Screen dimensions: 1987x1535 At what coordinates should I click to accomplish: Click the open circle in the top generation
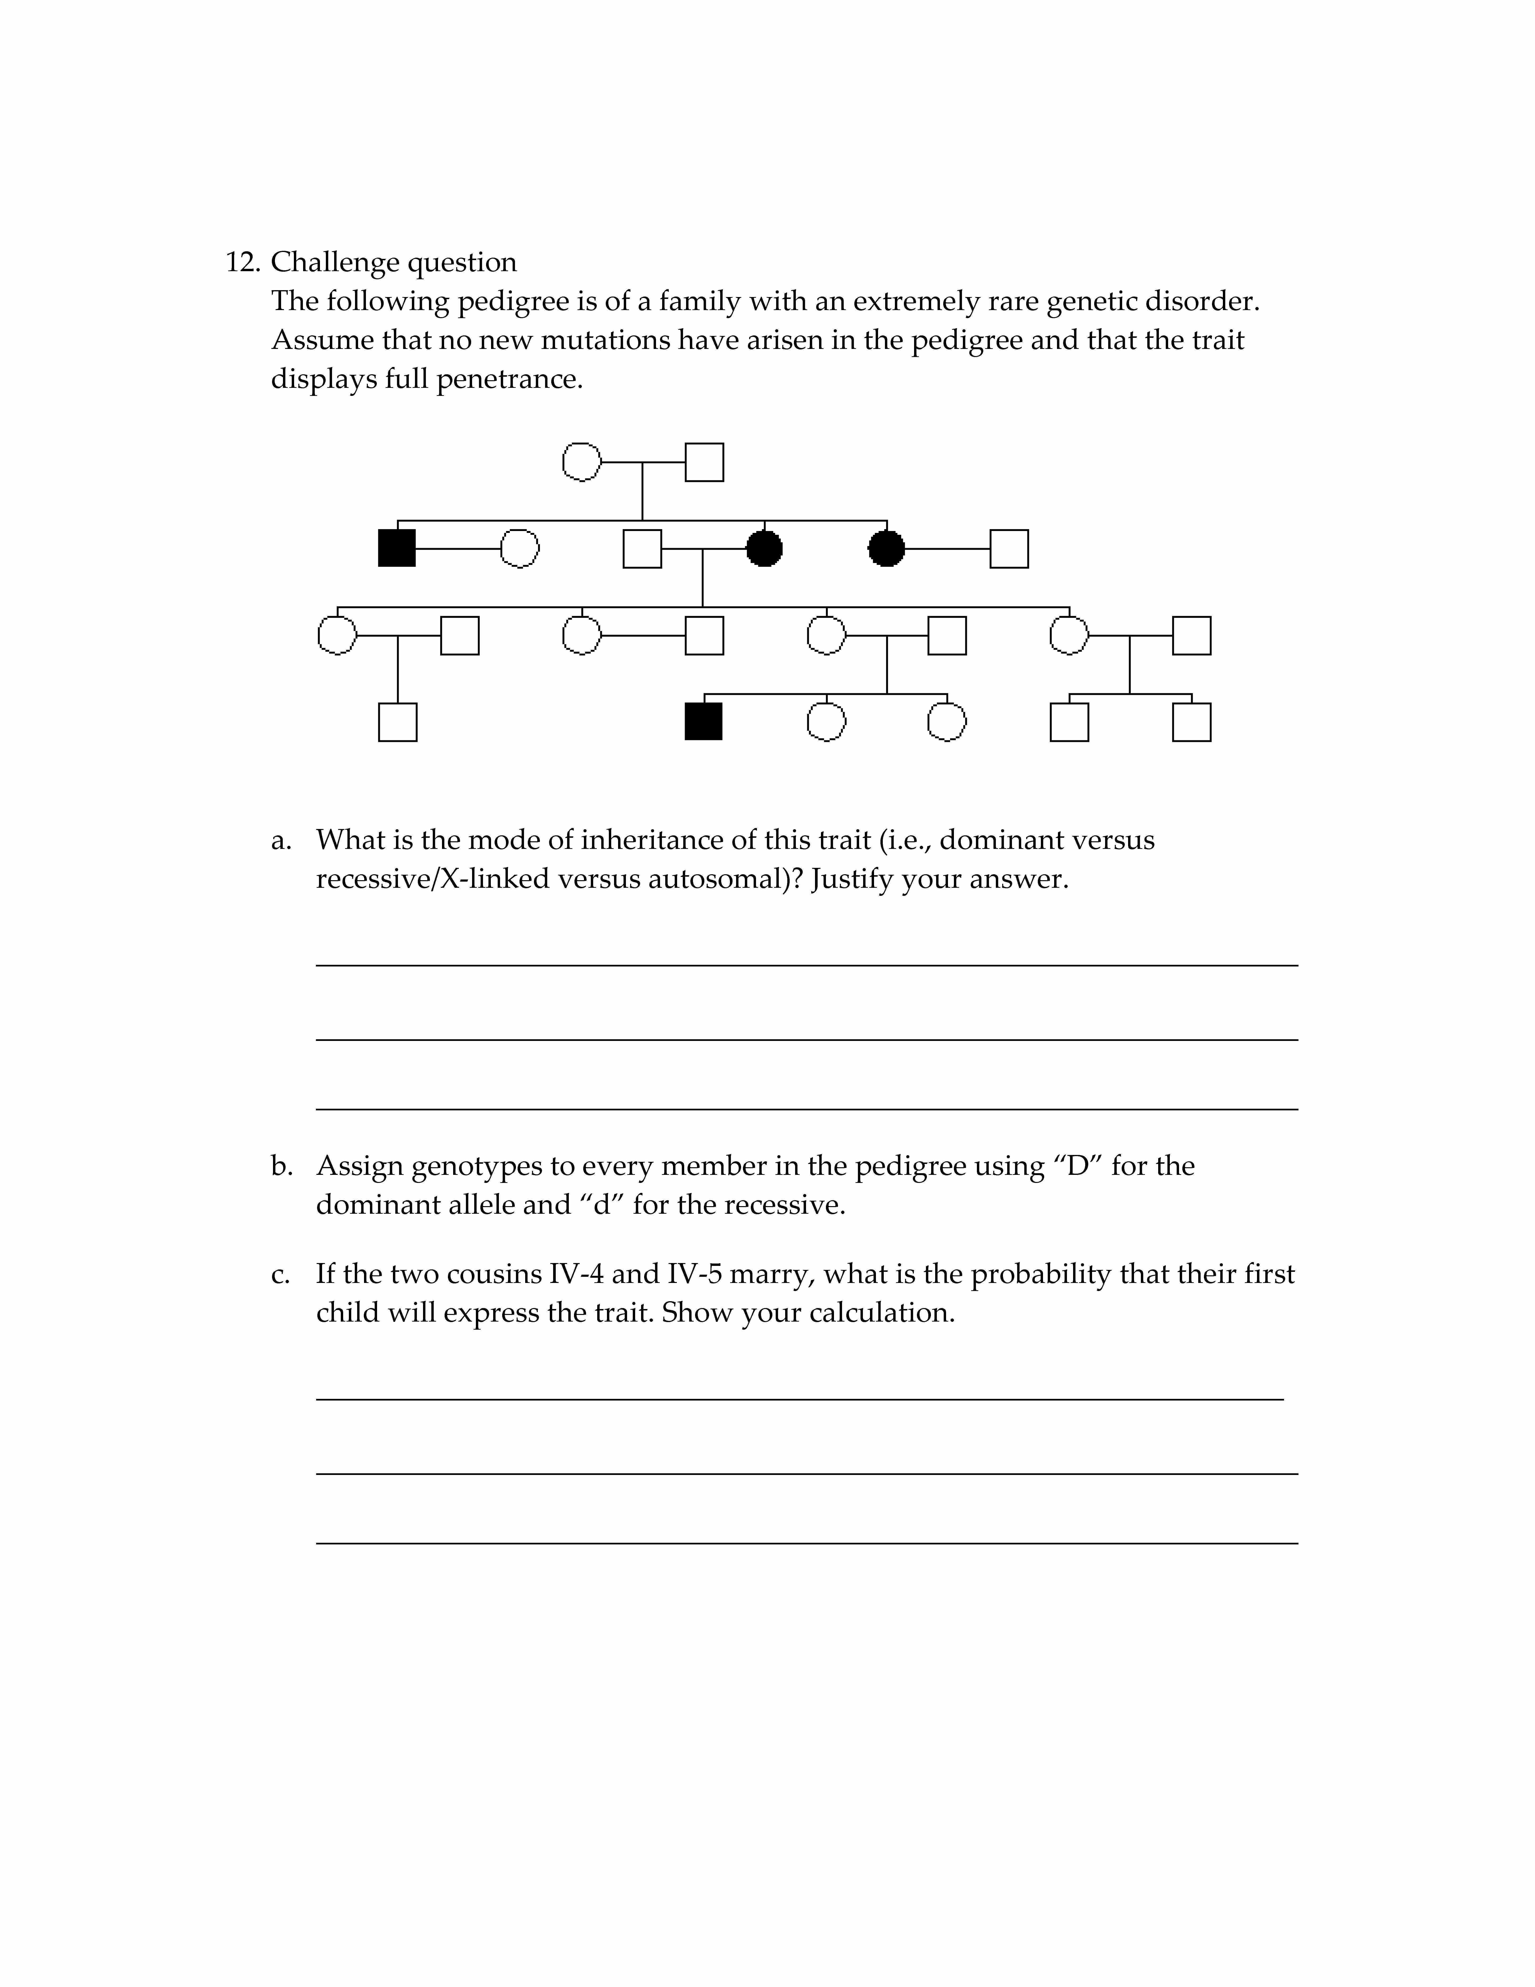[582, 462]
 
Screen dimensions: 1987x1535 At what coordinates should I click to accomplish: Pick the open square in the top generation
[704, 462]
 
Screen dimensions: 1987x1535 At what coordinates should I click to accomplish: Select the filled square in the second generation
[397, 549]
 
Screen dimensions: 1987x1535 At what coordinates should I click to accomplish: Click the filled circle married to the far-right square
[887, 549]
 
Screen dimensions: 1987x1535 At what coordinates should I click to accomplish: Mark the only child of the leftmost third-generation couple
[397, 722]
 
